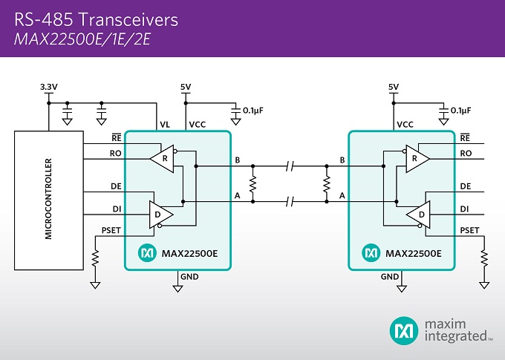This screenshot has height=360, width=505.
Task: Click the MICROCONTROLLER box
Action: tap(48, 198)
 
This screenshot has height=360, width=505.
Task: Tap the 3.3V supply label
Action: tap(48, 88)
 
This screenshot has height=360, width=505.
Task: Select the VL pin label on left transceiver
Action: tap(163, 124)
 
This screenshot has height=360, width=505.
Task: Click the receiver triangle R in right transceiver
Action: tap(415, 158)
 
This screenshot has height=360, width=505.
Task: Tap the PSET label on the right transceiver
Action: tap(469, 231)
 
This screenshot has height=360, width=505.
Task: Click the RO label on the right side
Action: tap(466, 153)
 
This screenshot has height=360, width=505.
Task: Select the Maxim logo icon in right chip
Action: tap(369, 253)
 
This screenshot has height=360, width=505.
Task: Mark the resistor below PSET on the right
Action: tap(485, 258)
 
